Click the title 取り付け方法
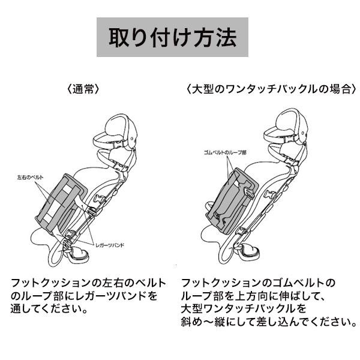pyautogui.click(x=172, y=37)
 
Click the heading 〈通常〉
pyautogui.click(x=83, y=89)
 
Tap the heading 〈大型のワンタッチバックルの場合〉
pyautogui.click(x=272, y=89)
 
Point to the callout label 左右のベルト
pyautogui.click(x=30, y=178)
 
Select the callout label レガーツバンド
pyautogui.click(x=110, y=245)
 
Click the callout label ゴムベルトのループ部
pyautogui.click(x=225, y=152)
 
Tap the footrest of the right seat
pyautogui.click(x=250, y=251)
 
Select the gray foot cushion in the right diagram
pyautogui.click(x=232, y=201)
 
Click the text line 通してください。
pyautogui.click(x=49, y=309)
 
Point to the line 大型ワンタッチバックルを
pyautogui.click(x=244, y=309)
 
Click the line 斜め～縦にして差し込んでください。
pyautogui.click(x=269, y=322)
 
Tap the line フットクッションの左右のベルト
pyautogui.click(x=88, y=283)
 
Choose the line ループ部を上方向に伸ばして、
pyautogui.click(x=253, y=296)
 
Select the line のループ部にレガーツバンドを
pyautogui.click(x=84, y=296)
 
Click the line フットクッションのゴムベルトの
pyautogui.click(x=258, y=283)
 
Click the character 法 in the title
pyautogui.click(x=226, y=37)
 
